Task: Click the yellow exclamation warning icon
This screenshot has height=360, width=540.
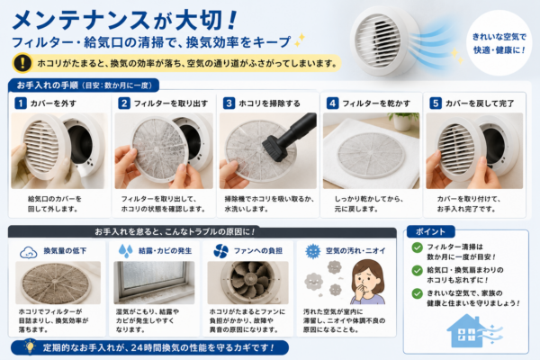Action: coord(22,63)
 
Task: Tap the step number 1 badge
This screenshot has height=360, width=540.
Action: coord(21,103)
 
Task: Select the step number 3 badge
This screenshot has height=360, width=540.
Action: coord(229,103)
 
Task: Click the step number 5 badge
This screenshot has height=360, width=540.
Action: coord(436,103)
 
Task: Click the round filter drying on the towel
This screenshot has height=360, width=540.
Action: coord(371,154)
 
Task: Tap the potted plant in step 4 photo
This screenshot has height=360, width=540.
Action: coord(403,121)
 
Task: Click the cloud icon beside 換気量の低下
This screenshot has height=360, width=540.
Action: coord(29,252)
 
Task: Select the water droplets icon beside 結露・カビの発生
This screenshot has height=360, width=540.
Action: coord(125,251)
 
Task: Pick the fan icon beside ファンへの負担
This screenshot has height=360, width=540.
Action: coord(220,251)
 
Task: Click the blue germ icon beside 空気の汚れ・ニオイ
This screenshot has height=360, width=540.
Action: coord(312,251)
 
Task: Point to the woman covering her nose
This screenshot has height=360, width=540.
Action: coord(367,282)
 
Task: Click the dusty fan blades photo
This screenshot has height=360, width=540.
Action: coord(247,283)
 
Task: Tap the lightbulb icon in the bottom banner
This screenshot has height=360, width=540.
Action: coord(30,346)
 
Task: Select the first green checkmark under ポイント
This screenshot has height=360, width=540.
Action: coord(417,247)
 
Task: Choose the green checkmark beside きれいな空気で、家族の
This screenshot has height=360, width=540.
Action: coord(417,293)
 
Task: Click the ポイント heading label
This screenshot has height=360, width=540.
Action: coord(430,231)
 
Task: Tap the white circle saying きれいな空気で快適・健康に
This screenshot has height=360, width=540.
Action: coord(499,42)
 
